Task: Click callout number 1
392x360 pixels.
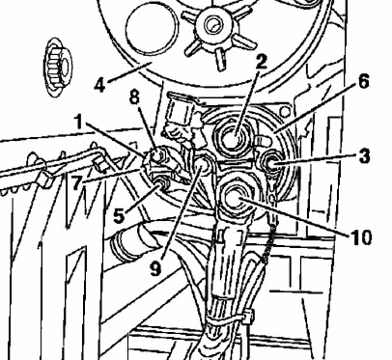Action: coord(79,123)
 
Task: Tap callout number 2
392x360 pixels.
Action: coord(262,62)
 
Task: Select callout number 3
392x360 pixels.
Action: coord(364,156)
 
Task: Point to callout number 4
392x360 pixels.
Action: coord(100,85)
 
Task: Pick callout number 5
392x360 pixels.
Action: coord(119,216)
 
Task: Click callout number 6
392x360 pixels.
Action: coord(363,81)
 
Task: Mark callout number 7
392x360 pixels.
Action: coord(76,183)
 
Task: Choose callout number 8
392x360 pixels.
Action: coord(135,97)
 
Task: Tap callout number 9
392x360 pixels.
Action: coord(155,268)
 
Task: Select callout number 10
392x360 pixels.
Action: coord(360,238)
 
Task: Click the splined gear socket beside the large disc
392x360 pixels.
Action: coord(58,67)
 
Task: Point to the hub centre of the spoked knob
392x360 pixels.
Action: coord(212,25)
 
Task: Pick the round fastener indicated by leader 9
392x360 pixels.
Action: coord(202,164)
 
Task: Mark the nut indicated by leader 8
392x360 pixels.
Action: coord(157,155)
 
